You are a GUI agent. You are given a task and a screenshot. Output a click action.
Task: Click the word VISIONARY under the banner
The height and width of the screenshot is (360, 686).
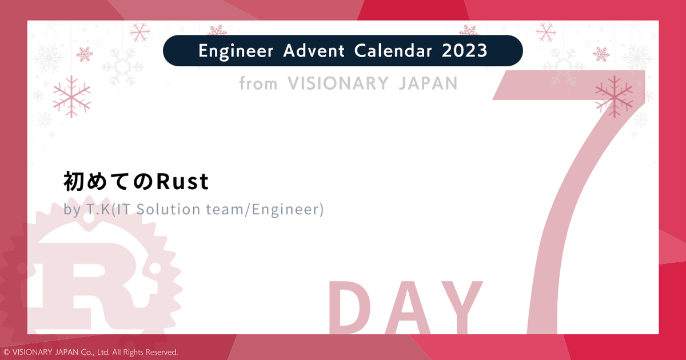(x=338, y=84)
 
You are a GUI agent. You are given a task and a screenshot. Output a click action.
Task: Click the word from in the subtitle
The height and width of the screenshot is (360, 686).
(x=258, y=84)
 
